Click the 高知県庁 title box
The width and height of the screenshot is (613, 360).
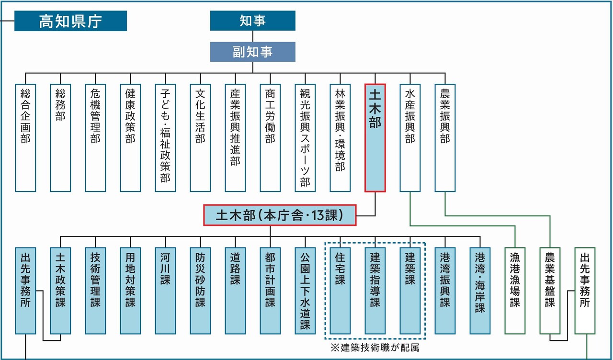tap(70, 21)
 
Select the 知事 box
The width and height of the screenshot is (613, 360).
tap(252, 21)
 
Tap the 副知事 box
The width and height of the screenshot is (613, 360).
tap(252, 52)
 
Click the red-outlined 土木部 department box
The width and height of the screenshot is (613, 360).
tap(375, 138)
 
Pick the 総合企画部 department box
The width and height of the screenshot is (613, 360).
tap(25, 138)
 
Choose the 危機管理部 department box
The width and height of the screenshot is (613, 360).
tap(95, 138)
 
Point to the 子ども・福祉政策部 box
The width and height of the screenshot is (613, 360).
tap(165, 138)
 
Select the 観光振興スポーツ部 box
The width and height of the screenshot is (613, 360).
tap(305, 138)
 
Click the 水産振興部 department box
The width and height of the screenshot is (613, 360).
tap(410, 138)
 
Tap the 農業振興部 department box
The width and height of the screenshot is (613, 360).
tap(445, 138)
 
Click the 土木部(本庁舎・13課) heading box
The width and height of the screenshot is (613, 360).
tap(280, 215)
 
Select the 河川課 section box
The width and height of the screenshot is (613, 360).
tap(165, 290)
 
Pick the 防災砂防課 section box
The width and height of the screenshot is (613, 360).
tap(200, 290)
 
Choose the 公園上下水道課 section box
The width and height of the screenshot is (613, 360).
tap(305, 290)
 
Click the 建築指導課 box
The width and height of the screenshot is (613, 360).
tap(375, 290)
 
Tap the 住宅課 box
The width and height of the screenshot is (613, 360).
tap(340, 290)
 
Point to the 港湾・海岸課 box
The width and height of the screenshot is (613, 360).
tap(480, 290)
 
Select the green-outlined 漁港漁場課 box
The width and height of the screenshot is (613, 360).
tap(515, 290)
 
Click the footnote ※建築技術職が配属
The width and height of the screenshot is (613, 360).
tap(375, 348)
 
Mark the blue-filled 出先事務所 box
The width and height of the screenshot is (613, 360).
tap(25, 290)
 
